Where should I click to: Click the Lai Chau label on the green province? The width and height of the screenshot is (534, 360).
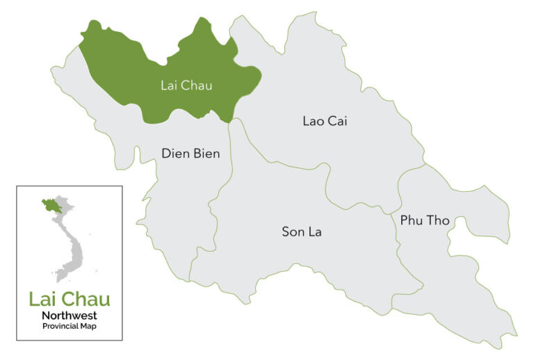pos(186,86)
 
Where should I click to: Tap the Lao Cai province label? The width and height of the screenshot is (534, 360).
pos(325,121)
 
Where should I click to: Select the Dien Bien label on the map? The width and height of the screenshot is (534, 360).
pos(191,154)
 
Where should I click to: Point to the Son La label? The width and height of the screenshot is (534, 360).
pos(302,231)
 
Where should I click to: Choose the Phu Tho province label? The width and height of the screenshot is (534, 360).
pos(425,220)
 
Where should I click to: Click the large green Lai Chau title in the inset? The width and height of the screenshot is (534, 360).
pos(69,300)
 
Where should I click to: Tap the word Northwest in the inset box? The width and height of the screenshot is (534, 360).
pos(69,316)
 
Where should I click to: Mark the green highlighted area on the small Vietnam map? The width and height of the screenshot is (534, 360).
pos(51,205)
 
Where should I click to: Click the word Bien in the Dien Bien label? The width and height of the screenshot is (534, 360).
pos(206,154)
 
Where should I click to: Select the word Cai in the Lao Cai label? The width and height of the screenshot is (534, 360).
pos(337,121)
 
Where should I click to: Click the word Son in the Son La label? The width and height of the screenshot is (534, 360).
pos(292,231)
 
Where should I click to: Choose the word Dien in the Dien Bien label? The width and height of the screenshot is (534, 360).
pos(175,154)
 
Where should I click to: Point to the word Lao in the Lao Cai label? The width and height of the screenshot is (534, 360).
pos(313,121)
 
